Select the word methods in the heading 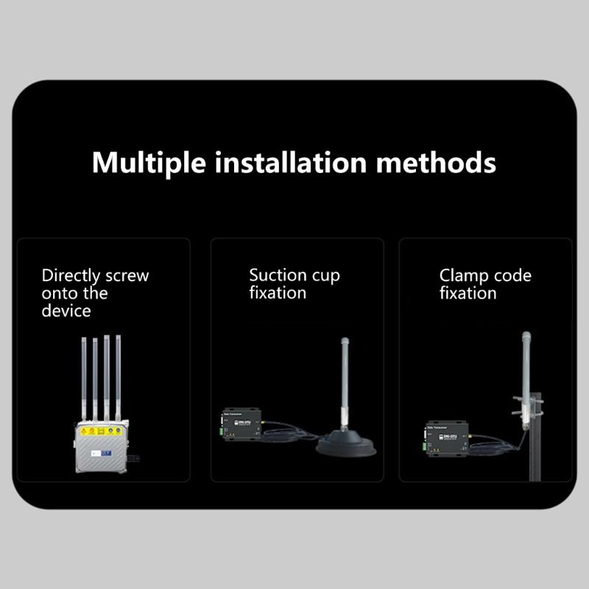pyautogui.click(x=436, y=162)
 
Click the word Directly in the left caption pyautogui.click(x=71, y=277)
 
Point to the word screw pyautogui.click(x=127, y=277)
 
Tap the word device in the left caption pyautogui.click(x=66, y=311)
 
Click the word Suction pyautogui.click(x=276, y=276)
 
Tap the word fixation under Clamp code pyautogui.click(x=468, y=293)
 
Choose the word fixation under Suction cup pyautogui.click(x=278, y=293)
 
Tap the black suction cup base pyautogui.click(x=346, y=446)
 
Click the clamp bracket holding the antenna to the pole pyautogui.click(x=528, y=405)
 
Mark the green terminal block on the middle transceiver pyautogui.click(x=220, y=426)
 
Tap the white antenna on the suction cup pyautogui.click(x=344, y=383)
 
